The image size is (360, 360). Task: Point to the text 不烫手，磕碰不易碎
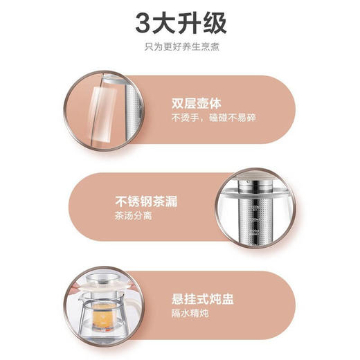pyautogui.click(x=214, y=118)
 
